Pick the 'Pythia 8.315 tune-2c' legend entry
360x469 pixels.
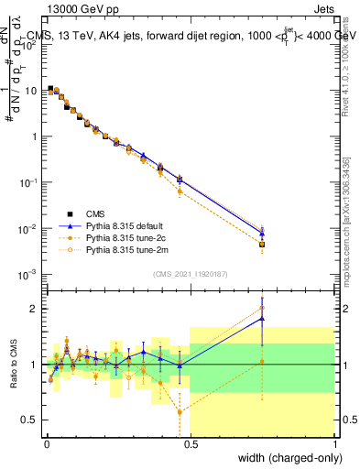pos(125,235)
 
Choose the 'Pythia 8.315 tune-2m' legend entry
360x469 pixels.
pos(125,248)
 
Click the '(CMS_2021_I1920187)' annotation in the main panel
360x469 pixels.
pos(191,273)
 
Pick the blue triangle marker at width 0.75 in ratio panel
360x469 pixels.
pos(262,318)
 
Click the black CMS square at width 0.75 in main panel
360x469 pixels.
pos(262,245)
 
